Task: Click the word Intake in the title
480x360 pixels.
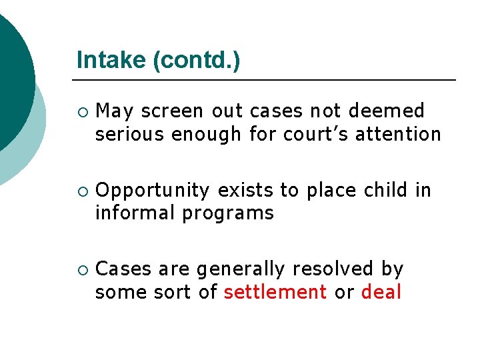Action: [x=111, y=60]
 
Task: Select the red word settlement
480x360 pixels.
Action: [x=275, y=292]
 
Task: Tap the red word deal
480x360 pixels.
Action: [x=381, y=292]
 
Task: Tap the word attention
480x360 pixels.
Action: [x=398, y=134]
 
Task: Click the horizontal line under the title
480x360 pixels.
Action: [x=267, y=80]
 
